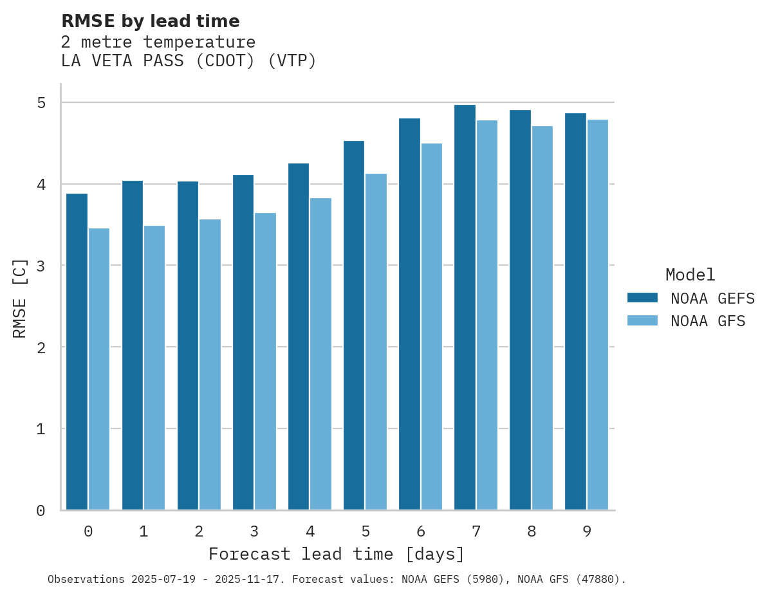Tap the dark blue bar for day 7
click(x=465, y=307)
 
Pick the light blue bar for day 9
click(x=597, y=315)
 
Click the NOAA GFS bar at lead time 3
click(x=265, y=361)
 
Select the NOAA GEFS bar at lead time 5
click(x=354, y=325)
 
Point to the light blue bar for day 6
click(x=431, y=326)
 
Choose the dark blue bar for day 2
click(x=188, y=345)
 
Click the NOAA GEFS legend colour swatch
click(x=642, y=298)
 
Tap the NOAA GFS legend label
click(x=708, y=321)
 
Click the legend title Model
click(x=690, y=275)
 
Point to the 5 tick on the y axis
click(x=41, y=103)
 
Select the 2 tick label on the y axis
click(x=41, y=347)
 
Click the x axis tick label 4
click(x=310, y=531)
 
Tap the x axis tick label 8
click(x=532, y=531)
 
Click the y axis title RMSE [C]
click(x=20, y=298)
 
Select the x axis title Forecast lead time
click(x=336, y=554)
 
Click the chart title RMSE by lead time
click(x=151, y=21)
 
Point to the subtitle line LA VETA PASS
click(x=189, y=61)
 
